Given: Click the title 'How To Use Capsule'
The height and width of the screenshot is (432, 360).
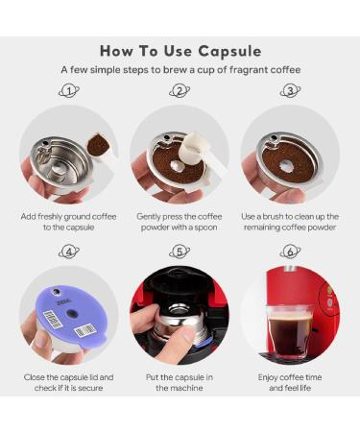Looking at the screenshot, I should (x=180, y=50).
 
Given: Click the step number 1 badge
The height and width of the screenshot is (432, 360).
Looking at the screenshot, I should (x=68, y=91).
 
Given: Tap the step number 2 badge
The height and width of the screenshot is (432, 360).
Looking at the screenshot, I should (x=180, y=91).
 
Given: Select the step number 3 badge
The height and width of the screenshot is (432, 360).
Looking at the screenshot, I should (x=290, y=91).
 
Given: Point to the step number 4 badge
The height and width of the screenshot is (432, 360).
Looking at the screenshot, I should (x=68, y=252).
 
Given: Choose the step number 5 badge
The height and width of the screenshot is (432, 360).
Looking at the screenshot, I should (x=180, y=252).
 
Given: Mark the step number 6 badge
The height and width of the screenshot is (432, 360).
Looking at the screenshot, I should (x=290, y=252).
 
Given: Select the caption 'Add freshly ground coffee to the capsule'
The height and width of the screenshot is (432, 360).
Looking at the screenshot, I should (x=68, y=223).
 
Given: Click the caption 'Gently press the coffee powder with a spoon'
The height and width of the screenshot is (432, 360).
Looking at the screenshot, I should (x=180, y=223).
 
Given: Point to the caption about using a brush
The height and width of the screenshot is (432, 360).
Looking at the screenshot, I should (x=290, y=223).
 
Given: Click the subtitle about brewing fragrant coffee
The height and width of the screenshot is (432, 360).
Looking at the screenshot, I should (x=180, y=70).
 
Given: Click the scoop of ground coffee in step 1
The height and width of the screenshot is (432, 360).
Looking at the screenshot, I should (x=98, y=145).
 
